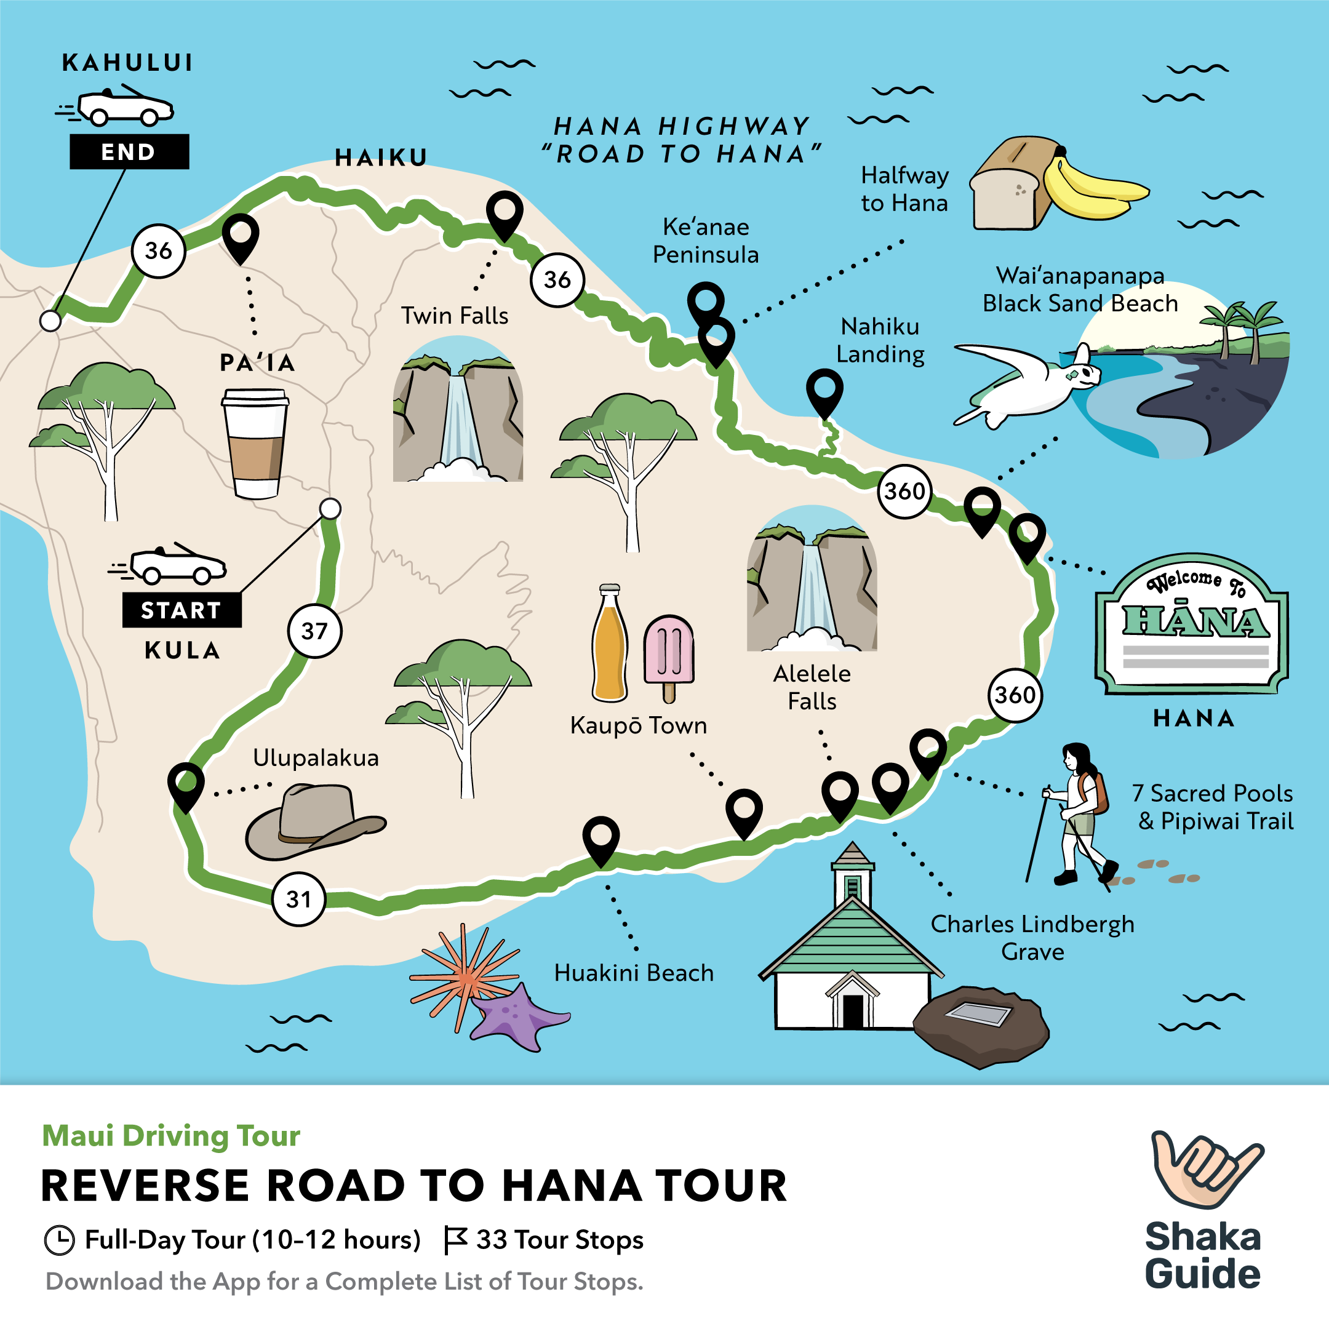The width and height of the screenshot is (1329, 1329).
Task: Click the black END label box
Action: click(x=129, y=151)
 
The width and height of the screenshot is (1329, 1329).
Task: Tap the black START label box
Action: click(x=182, y=610)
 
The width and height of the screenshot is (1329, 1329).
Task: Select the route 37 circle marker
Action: click(x=314, y=631)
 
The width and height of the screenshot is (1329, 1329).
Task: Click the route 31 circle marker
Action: click(x=298, y=898)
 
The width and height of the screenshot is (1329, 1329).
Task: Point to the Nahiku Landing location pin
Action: click(x=824, y=389)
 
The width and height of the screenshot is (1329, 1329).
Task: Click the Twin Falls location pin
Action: click(x=505, y=212)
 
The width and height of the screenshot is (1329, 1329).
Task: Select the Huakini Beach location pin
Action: click(x=601, y=837)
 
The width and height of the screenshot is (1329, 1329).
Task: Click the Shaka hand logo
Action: click(x=1205, y=1170)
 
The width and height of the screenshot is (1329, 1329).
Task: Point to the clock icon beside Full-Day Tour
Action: click(x=59, y=1240)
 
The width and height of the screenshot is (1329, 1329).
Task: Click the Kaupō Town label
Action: click(x=639, y=725)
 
